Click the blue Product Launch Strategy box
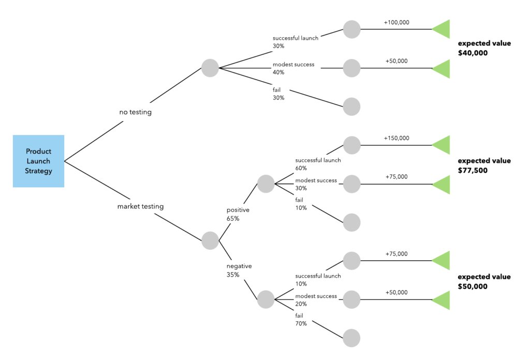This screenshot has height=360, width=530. tap(38, 161)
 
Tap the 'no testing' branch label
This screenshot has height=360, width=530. tap(135, 112)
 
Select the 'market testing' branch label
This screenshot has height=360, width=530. tap(140, 206)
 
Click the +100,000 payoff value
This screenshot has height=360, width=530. tap(396, 23)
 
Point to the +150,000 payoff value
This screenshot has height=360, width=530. tap(396, 138)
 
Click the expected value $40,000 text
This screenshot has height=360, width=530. tap(484, 48)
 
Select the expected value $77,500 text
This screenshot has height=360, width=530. tap(484, 165)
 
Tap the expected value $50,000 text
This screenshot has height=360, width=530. tap(484, 281)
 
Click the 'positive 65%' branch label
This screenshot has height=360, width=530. tap(238, 214)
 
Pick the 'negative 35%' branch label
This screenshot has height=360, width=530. tap(239, 270)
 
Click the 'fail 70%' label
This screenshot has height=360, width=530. tap(301, 319)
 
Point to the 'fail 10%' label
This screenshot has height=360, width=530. tap(301, 203)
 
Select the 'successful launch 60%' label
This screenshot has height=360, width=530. tap(318, 164)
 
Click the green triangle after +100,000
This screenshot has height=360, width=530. tap(441, 29)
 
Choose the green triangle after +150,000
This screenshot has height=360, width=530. tap(441, 145)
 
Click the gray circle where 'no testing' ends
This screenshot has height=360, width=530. tap(210, 68)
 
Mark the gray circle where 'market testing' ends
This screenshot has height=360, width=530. tap(210, 241)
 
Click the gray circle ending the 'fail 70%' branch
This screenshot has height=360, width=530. tap(351, 338)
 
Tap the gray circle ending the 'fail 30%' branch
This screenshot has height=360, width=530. tap(351, 107)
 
